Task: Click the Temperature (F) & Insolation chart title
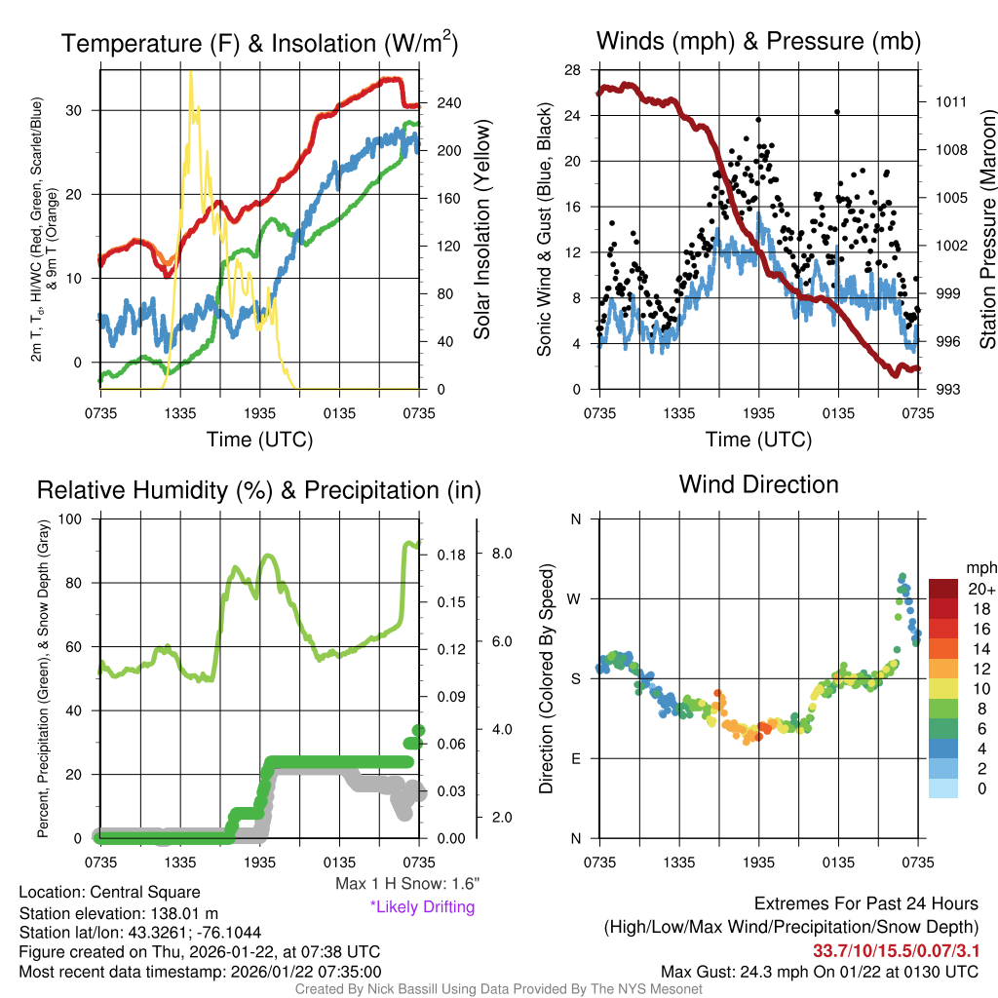point(259,43)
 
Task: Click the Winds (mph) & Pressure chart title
point(758,41)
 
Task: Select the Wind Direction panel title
point(758,484)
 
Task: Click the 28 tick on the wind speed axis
point(573,70)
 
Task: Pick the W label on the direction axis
point(575,598)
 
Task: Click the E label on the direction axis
point(576,758)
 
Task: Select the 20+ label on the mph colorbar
point(981,590)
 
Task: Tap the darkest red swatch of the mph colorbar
point(943,589)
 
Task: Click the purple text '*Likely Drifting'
point(422,907)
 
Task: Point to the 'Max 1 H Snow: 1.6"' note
point(406,884)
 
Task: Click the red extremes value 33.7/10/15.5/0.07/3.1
point(895,950)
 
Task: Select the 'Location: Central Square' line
point(109,893)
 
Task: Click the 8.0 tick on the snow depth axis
point(502,554)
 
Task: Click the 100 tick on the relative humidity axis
point(69,518)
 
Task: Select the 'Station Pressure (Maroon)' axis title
point(987,230)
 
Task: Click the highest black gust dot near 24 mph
point(836,111)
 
